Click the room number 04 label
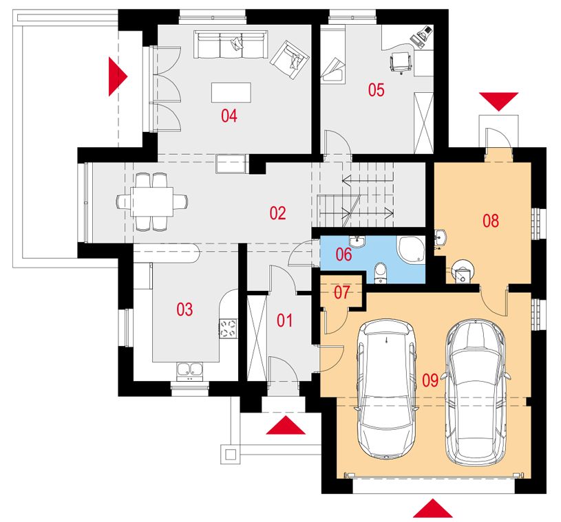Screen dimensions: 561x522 (x=229, y=116)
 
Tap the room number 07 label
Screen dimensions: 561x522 (x=341, y=292)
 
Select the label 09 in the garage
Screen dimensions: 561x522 (x=430, y=380)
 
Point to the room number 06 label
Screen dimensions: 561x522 (x=343, y=254)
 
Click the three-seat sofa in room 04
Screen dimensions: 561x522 (x=231, y=44)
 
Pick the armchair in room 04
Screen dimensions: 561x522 (x=290, y=60)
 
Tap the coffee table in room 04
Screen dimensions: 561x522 (x=231, y=93)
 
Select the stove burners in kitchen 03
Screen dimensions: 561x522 (x=228, y=329)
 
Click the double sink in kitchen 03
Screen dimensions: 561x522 (x=190, y=371)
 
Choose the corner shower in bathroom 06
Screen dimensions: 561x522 (x=411, y=250)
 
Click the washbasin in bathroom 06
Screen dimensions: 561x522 (x=357, y=241)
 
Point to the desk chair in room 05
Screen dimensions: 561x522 (x=401, y=62)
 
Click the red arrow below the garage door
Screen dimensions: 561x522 (x=432, y=508)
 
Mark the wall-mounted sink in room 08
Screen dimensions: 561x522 (x=440, y=237)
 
